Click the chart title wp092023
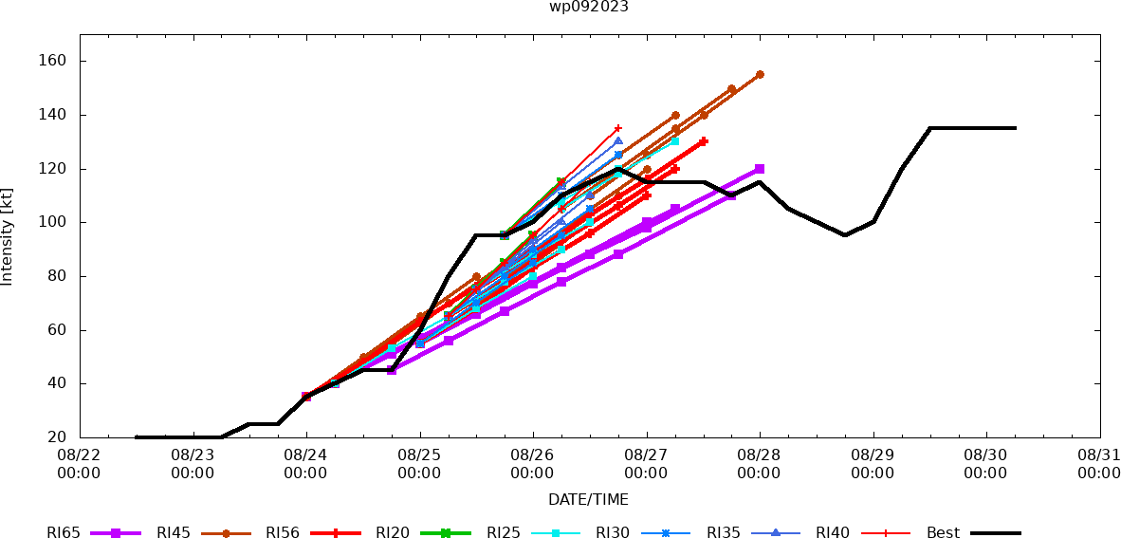pos(588,7)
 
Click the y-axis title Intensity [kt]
pos(8,236)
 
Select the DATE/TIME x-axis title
pos(588,499)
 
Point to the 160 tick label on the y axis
pos(52,61)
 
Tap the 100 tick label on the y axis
pos(52,222)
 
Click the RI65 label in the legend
pos(63,533)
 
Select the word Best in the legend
pos(943,533)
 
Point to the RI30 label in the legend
pos(613,533)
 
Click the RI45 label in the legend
pos(174,533)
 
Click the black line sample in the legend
pos(995,533)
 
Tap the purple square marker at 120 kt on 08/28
pos(760,169)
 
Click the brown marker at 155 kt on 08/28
pos(760,74)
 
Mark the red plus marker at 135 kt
pos(618,128)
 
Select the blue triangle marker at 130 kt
pos(618,141)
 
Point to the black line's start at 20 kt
pos(138,437)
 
